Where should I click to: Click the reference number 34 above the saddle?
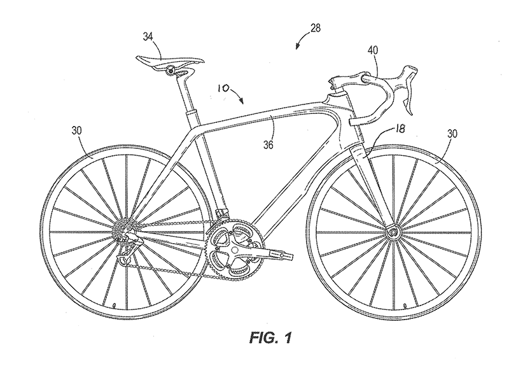(148, 37)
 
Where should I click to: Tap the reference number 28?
(315, 28)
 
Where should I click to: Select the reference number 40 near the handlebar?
(373, 50)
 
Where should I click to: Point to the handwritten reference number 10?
(223, 88)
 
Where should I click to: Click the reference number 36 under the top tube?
(268, 145)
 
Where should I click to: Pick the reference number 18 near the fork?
(400, 129)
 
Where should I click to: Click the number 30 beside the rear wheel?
(77, 130)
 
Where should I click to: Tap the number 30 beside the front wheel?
(452, 134)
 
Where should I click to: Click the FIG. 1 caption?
(270, 338)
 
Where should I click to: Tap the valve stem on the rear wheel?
(114, 306)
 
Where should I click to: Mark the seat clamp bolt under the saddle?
(169, 69)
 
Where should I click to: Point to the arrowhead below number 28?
(296, 47)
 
